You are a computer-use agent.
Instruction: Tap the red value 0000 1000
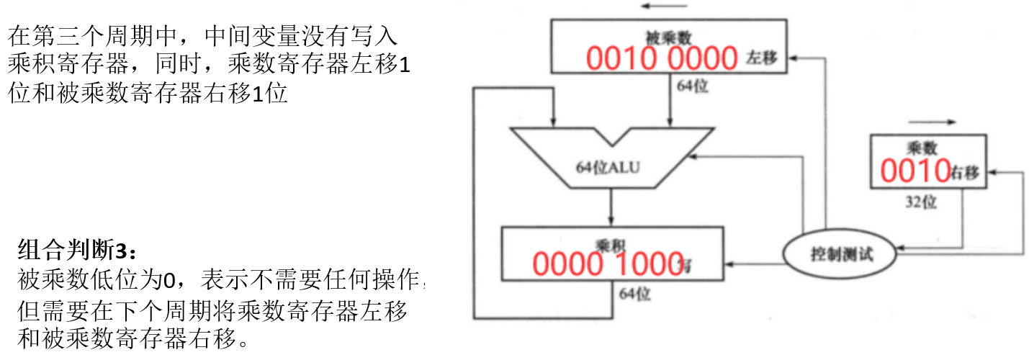coord(607,264)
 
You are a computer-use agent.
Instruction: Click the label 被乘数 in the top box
coord(670,35)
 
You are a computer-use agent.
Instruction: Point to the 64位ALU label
coord(608,167)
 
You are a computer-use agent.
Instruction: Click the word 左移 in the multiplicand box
coord(762,59)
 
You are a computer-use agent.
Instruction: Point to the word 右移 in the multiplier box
coord(966,173)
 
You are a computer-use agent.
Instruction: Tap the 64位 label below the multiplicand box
coord(692,85)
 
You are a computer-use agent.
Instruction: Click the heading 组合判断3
coord(76,251)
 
